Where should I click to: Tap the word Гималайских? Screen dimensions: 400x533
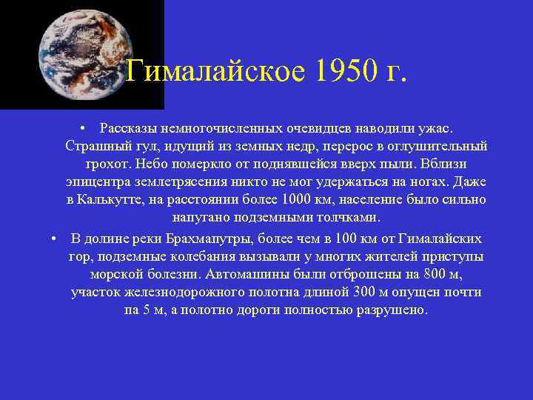pyautogui.click(x=440, y=239)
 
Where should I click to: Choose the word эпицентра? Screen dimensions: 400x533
pyautogui.click(x=93, y=181)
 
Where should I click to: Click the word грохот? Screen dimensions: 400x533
pyautogui.click(x=108, y=164)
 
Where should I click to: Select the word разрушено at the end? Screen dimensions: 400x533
pyautogui.click(x=396, y=310)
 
